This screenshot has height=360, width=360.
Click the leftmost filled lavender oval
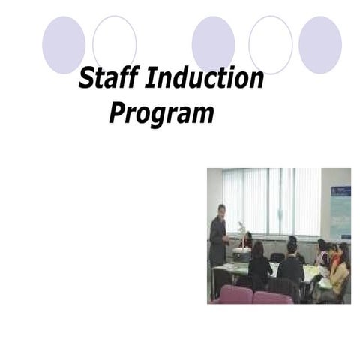pyautogui.click(x=64, y=44)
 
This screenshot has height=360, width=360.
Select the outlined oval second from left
pyautogui.click(x=115, y=44)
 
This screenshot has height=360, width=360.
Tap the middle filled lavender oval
pyautogui.click(x=214, y=44)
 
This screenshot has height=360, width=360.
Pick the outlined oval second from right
pyautogui.click(x=271, y=44)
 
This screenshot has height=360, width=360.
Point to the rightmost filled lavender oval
pyautogui.click(x=320, y=44)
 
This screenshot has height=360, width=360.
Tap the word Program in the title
pyautogui.click(x=161, y=114)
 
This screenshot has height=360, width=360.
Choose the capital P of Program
pyautogui.click(x=118, y=113)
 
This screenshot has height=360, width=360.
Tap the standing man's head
pyautogui.click(x=220, y=211)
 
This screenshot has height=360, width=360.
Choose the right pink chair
pyautogui.click(x=271, y=297)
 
